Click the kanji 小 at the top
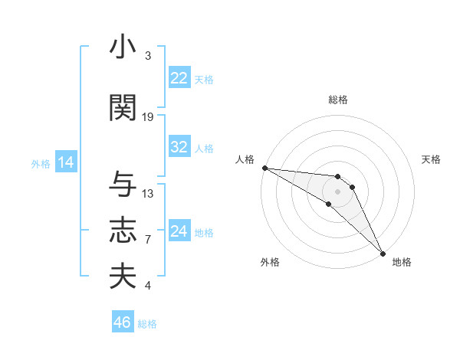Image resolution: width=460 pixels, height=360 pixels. (x=123, y=47)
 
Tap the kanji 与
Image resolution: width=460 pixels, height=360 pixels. (x=123, y=185)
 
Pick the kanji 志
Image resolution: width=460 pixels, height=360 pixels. (x=123, y=231)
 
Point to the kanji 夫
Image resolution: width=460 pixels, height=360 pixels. (x=123, y=277)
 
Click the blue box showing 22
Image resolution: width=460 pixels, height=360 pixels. (x=179, y=78)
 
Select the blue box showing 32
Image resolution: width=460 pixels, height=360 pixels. (x=179, y=148)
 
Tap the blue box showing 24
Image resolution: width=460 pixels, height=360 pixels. (x=179, y=232)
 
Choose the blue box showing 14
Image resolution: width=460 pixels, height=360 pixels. (x=66, y=162)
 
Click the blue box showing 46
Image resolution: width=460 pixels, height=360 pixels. (x=123, y=322)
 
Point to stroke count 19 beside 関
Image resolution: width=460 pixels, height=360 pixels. (x=148, y=116)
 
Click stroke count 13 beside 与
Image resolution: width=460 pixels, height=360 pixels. (x=148, y=193)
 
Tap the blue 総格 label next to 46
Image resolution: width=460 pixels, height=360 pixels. (x=147, y=324)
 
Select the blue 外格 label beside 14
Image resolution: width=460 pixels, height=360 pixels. (x=41, y=163)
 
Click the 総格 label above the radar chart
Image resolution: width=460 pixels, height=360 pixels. (x=337, y=100)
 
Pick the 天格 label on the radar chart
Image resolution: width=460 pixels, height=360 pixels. (x=432, y=159)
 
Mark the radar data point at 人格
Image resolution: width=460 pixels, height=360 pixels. (x=264, y=168)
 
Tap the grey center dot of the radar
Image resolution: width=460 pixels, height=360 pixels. (x=337, y=191)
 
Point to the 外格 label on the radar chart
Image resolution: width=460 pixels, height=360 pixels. (x=270, y=262)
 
